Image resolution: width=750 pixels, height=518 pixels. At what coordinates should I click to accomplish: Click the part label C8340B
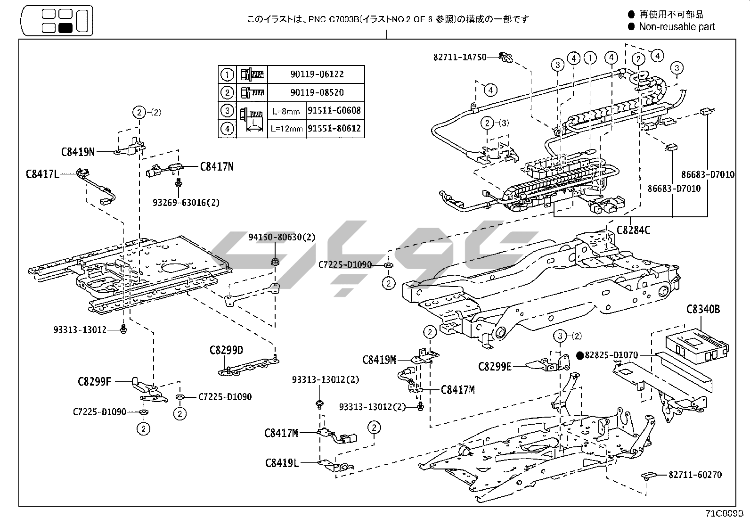(703, 310)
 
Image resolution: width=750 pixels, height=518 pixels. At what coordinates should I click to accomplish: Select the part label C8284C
(633, 230)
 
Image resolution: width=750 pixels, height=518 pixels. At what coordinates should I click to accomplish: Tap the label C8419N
(78, 152)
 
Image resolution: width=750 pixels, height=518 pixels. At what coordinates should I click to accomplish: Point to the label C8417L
(42, 174)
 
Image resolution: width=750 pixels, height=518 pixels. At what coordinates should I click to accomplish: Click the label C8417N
(217, 166)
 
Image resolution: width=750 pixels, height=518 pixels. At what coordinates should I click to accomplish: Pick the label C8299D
(226, 350)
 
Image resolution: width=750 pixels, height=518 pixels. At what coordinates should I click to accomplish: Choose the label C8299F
(94, 381)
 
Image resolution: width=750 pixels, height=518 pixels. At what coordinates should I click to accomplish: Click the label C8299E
(495, 366)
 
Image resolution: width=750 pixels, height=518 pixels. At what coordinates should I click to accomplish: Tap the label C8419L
(282, 463)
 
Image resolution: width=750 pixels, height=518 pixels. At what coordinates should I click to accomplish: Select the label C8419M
(379, 360)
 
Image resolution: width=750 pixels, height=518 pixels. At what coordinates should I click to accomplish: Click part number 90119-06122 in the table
(317, 74)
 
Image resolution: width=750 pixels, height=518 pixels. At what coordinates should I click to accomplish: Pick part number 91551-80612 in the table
(335, 128)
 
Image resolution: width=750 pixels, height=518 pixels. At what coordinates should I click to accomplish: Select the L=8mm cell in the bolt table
(286, 111)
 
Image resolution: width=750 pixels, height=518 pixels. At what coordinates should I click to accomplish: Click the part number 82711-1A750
(460, 57)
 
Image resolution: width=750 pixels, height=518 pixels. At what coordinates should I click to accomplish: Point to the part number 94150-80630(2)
(282, 237)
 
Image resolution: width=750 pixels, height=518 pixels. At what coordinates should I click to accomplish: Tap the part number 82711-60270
(695, 475)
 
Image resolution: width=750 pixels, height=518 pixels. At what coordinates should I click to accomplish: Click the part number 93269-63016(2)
(186, 203)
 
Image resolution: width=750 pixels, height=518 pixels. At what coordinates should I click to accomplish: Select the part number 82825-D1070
(611, 355)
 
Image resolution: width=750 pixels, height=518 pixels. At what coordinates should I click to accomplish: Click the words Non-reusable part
(677, 27)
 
